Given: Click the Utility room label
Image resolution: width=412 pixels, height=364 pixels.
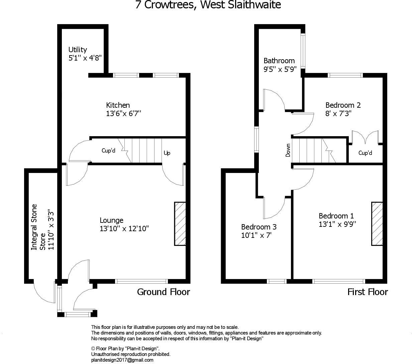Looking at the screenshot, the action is [78, 50].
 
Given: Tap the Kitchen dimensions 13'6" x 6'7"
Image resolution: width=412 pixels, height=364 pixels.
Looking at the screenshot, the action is [123, 113].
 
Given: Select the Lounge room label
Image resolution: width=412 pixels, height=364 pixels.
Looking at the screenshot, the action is [111, 220].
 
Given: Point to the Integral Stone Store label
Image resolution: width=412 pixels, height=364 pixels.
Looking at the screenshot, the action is [38, 227].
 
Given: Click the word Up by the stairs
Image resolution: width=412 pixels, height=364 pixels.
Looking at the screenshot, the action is [167, 153].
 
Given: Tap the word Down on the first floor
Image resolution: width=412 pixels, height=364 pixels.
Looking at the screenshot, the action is [288, 151].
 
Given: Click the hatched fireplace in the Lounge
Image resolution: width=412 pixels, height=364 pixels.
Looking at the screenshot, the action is [180, 224].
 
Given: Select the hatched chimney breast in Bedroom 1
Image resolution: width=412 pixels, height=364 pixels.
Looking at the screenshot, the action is [377, 223].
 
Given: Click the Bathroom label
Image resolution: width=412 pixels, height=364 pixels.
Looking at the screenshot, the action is [279, 61].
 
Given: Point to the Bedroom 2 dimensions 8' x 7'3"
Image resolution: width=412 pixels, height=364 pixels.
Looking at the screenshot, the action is [338, 113].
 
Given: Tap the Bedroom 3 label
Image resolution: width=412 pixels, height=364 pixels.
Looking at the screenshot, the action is [259, 227].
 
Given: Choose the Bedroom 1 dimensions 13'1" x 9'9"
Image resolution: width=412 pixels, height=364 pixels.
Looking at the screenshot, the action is [337, 224].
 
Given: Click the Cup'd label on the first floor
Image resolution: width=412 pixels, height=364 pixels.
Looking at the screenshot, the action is [365, 153].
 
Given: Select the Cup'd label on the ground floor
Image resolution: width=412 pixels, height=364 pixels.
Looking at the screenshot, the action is [108, 151].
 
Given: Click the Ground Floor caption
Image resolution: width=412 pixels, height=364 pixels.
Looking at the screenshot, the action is [164, 292].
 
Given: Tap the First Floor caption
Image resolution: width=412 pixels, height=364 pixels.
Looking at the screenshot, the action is [368, 292].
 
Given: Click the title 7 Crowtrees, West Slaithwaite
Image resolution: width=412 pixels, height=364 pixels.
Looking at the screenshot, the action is [208, 5].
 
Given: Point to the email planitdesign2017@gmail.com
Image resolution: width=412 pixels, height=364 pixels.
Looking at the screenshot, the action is [122, 360].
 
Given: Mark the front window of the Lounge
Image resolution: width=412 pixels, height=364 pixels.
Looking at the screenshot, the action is [141, 281].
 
